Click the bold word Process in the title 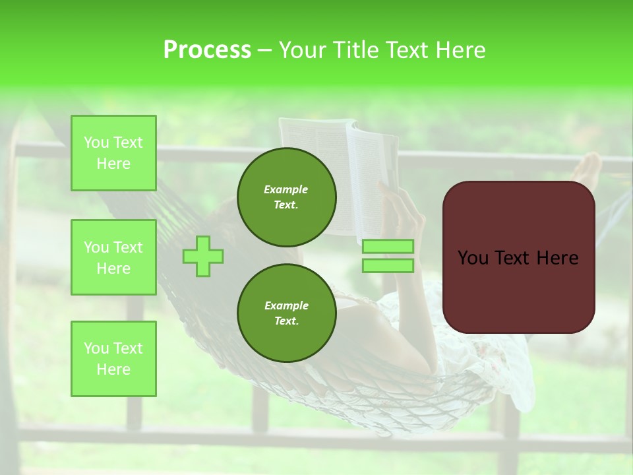pyautogui.click(x=207, y=50)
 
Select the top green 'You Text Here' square pyautogui.click(x=113, y=153)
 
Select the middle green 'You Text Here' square pyautogui.click(x=113, y=257)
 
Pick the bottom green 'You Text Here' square pyautogui.click(x=113, y=359)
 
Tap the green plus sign pyautogui.click(x=203, y=256)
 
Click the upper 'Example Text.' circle pyautogui.click(x=286, y=197)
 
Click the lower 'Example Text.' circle pyautogui.click(x=286, y=313)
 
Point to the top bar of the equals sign pyautogui.click(x=388, y=247)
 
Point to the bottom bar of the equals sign pyautogui.click(x=388, y=266)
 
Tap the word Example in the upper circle pyautogui.click(x=286, y=189)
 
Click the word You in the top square pyautogui.click(x=96, y=142)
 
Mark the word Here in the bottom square pyautogui.click(x=113, y=369)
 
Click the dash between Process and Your pyautogui.click(x=265, y=50)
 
